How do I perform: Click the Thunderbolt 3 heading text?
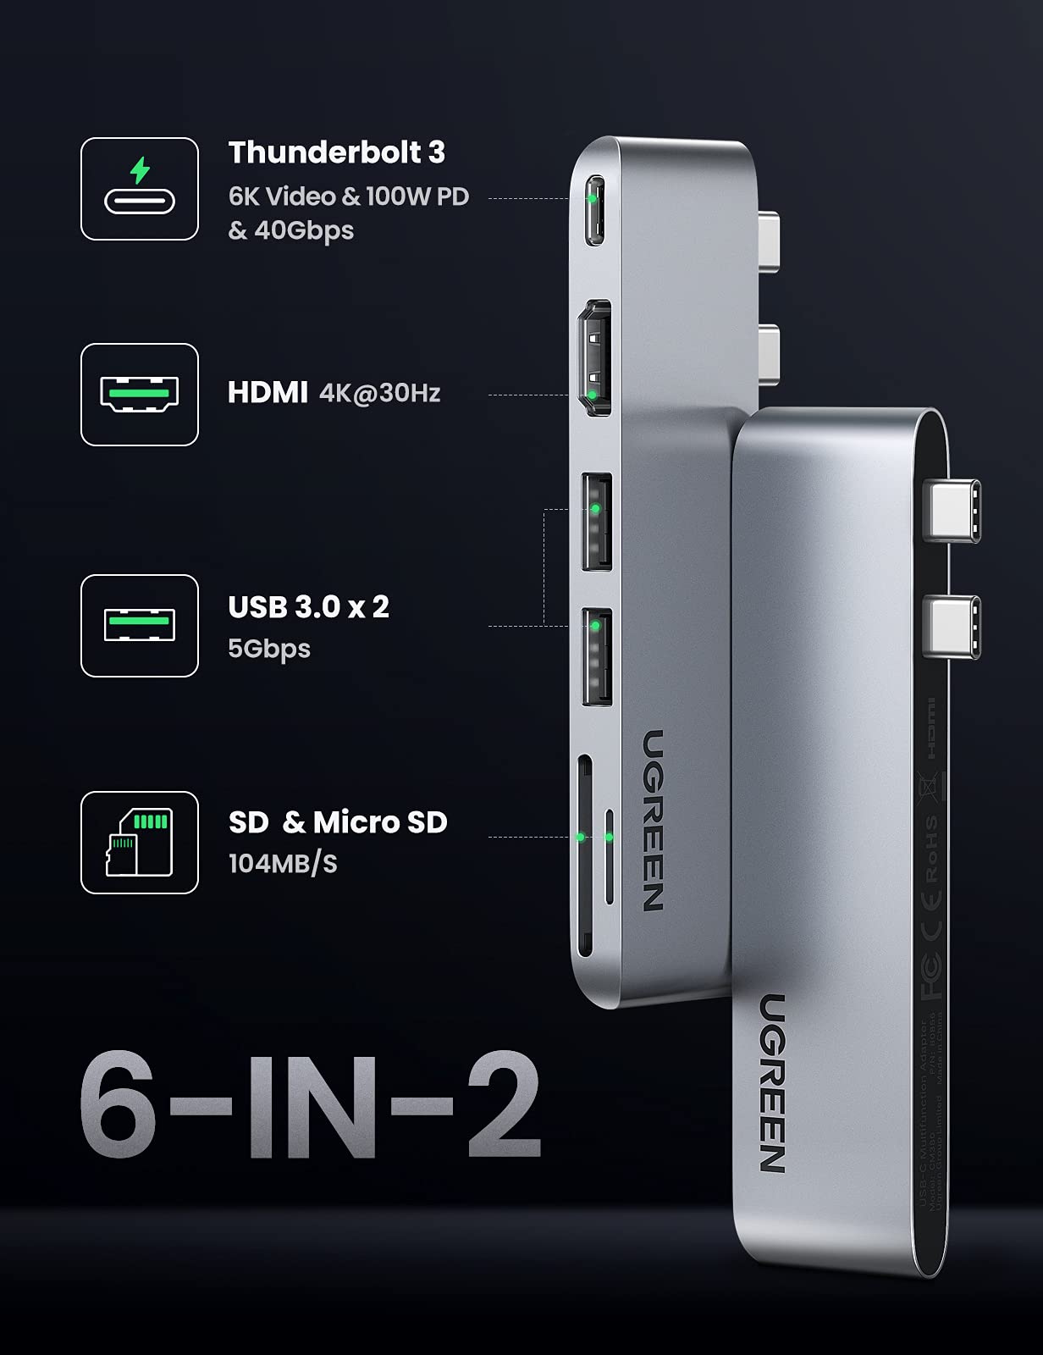click(336, 152)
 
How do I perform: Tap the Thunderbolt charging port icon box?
click(140, 189)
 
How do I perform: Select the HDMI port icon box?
click(140, 395)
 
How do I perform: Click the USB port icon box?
click(140, 626)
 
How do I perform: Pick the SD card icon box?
click(140, 843)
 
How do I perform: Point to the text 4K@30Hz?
click(380, 393)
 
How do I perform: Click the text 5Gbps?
click(269, 649)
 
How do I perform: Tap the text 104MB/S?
click(283, 864)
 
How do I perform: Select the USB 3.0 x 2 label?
click(309, 606)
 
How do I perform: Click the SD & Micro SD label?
click(338, 822)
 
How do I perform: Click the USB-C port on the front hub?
click(595, 210)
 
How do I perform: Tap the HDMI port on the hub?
click(594, 358)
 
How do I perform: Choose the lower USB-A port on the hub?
click(597, 656)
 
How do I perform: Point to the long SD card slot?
click(583, 855)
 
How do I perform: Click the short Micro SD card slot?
click(609, 855)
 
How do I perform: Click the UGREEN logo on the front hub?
click(653, 820)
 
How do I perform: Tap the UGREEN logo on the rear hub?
click(772, 1084)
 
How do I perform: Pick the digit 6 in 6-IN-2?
click(119, 1105)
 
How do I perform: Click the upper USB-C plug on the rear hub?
click(952, 510)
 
